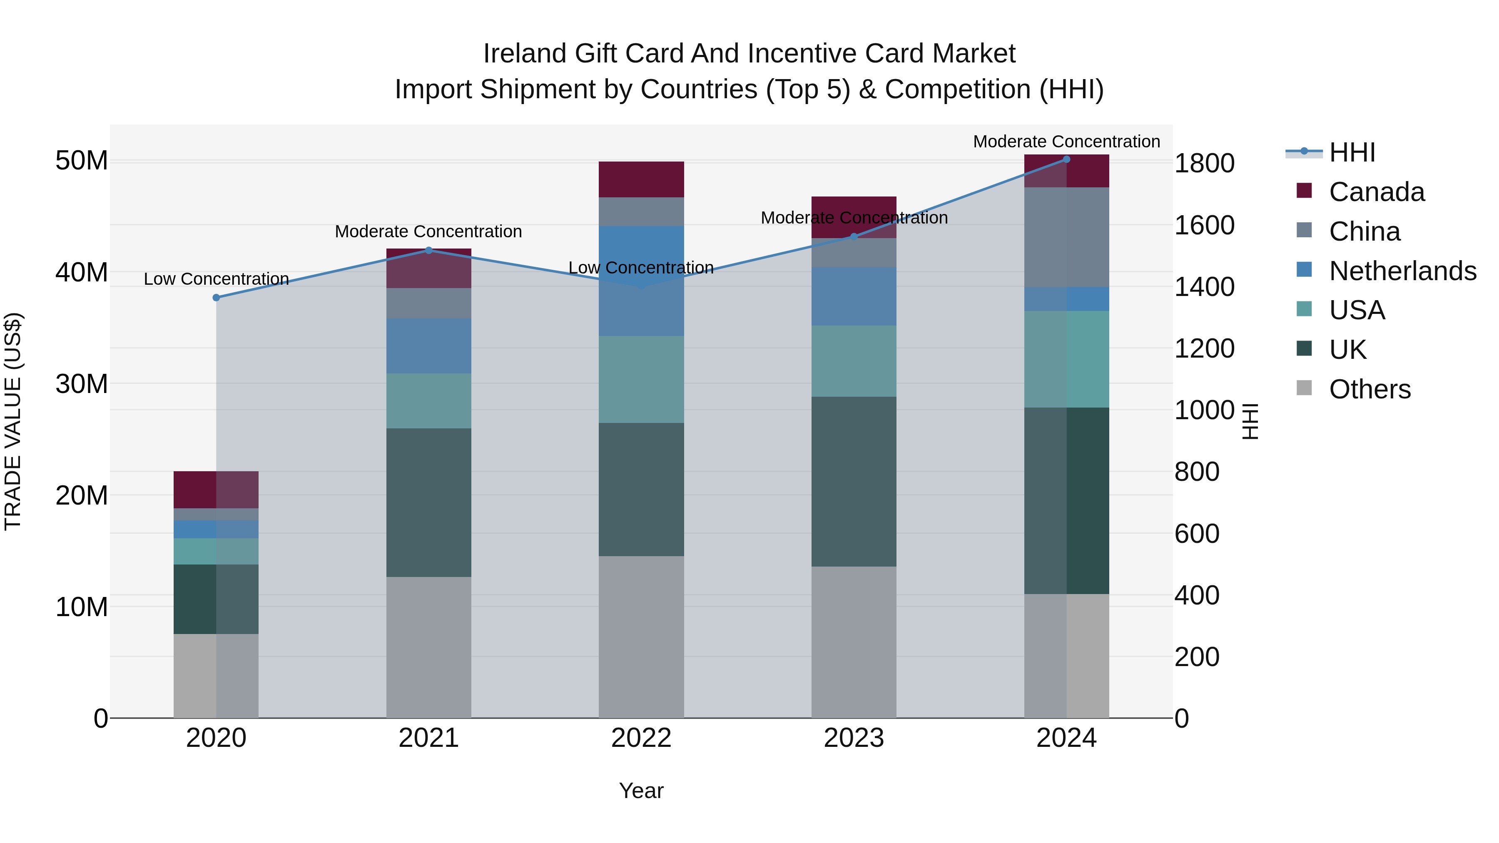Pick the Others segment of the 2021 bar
(x=428, y=647)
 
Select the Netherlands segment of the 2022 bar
(x=641, y=281)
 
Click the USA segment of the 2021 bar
(x=428, y=401)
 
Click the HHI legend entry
(x=1351, y=152)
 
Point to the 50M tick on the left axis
(x=82, y=161)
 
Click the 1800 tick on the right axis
(x=1203, y=164)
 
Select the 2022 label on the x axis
(x=641, y=738)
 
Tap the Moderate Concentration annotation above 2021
(x=428, y=231)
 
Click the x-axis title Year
(x=641, y=791)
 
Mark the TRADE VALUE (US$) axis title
(x=13, y=421)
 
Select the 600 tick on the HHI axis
(x=1196, y=534)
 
